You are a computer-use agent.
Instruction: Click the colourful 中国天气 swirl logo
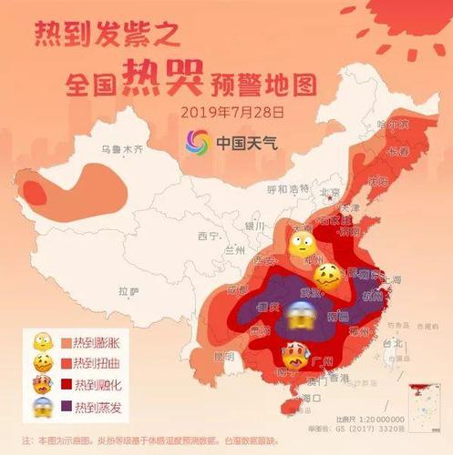[199, 143]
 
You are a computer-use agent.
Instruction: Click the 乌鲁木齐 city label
[121, 149]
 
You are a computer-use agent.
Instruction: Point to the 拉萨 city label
[129, 291]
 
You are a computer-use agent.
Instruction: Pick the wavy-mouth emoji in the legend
[39, 364]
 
